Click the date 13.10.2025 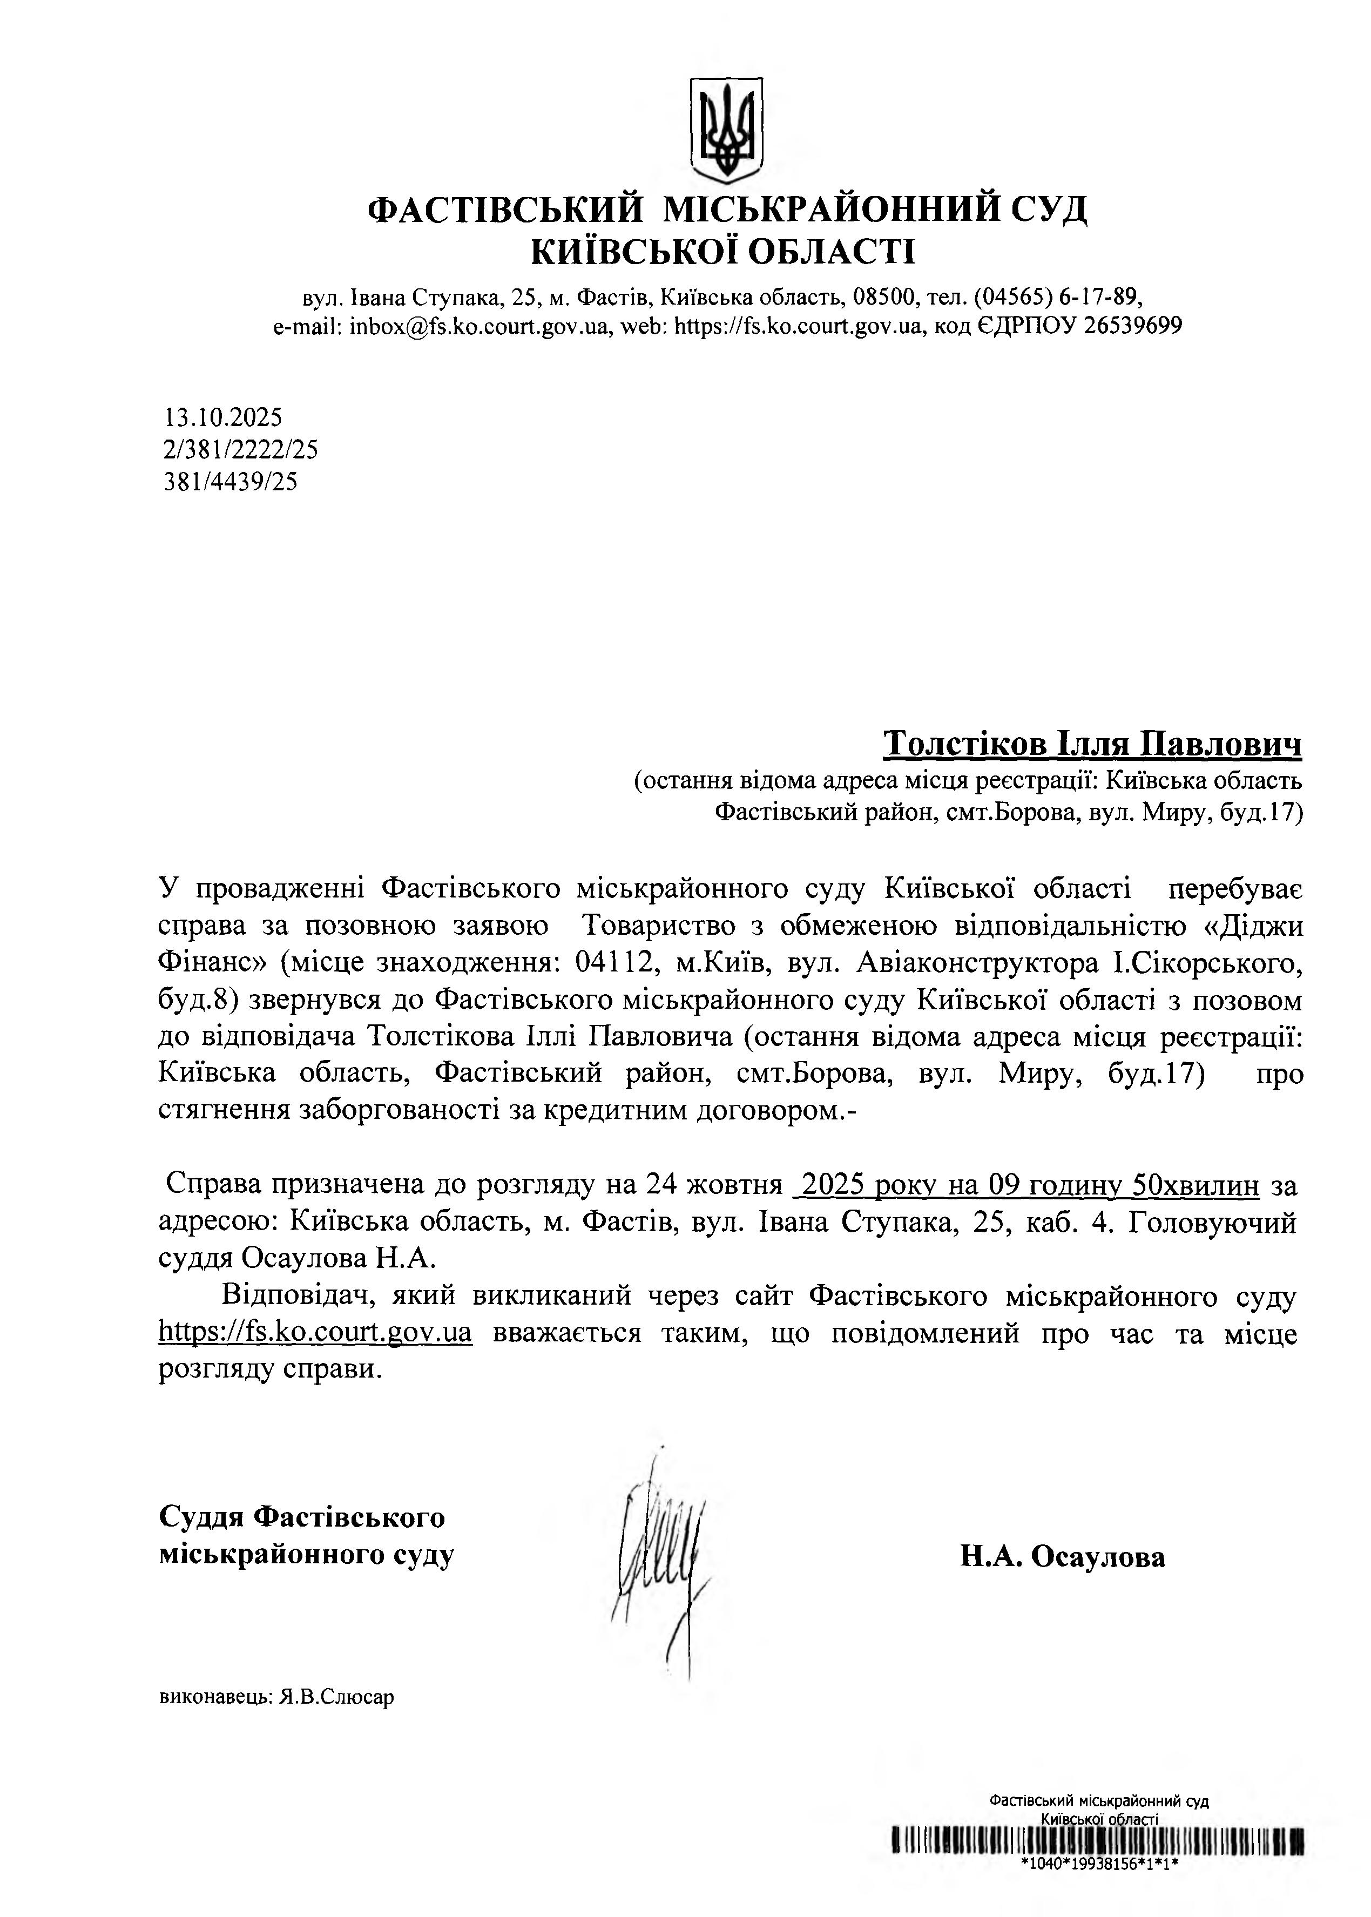[223, 417]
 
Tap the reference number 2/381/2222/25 [241, 450]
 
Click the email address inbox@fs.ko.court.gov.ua [478, 326]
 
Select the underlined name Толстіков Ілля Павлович [1092, 744]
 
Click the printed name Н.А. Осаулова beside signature [1062, 1557]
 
